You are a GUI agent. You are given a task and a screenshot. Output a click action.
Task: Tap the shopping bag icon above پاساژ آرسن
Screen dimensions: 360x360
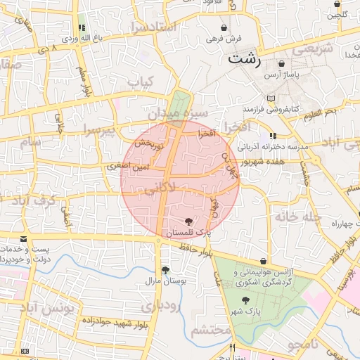pos(282,63)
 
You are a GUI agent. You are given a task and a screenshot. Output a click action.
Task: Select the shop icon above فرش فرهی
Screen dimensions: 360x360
pos(223,27)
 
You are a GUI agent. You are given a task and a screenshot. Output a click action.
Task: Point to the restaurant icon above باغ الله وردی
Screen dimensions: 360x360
pos(83,27)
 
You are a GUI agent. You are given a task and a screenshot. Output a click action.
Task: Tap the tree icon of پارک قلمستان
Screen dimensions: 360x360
pos(186,221)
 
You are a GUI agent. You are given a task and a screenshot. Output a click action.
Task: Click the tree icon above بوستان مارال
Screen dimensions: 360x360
pos(165,270)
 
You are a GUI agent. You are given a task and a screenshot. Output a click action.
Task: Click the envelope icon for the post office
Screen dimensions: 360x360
pos(24,240)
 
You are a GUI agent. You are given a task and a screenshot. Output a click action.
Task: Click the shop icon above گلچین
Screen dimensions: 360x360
pos(337,4)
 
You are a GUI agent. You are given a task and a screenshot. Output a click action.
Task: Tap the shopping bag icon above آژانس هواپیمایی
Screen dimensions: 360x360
pos(263,261)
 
